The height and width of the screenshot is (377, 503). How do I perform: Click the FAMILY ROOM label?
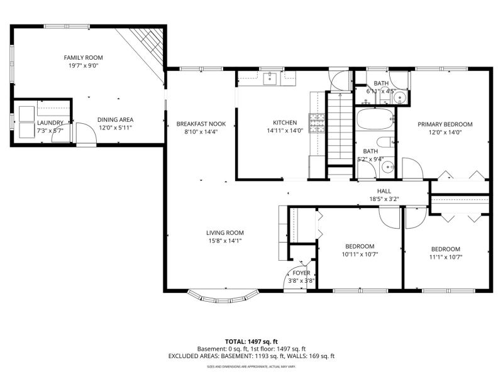(84, 58)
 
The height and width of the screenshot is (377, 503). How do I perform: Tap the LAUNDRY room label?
(50, 123)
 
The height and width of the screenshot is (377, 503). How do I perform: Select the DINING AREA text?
(116, 120)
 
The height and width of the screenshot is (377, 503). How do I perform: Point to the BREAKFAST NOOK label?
(201, 124)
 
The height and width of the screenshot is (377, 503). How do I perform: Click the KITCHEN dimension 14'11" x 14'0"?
(285, 131)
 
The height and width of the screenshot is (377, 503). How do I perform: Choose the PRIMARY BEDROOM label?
(445, 124)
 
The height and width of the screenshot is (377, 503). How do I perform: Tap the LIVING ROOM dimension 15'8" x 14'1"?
(225, 241)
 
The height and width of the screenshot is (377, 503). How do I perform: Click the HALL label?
(384, 192)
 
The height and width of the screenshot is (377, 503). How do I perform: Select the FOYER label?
(301, 273)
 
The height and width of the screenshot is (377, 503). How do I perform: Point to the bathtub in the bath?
(375, 119)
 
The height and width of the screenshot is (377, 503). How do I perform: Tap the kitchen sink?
(270, 79)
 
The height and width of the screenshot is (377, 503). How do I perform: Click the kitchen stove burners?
(317, 123)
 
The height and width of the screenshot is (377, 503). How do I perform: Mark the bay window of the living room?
(223, 297)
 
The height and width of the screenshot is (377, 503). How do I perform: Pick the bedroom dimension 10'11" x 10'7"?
(360, 254)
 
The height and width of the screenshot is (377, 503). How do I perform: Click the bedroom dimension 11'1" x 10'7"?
(446, 257)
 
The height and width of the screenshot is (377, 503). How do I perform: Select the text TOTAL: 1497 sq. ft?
(251, 342)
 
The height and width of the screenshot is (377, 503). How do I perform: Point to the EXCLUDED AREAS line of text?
(251, 356)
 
